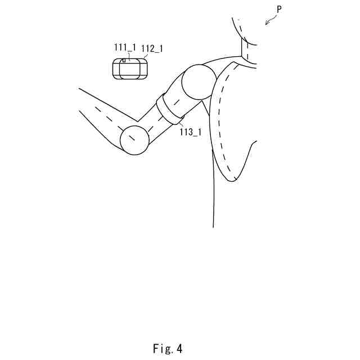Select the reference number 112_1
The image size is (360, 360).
coord(152,49)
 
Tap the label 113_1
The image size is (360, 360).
coord(190,132)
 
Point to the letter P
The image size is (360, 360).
coord(279,10)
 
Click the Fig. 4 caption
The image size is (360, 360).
coord(167,349)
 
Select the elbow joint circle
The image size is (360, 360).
coord(135,139)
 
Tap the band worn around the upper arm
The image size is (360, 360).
coord(170,108)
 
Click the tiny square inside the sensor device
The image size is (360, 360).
coord(124,60)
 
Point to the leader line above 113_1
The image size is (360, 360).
coord(182,124)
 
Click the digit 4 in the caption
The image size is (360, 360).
coord(179,349)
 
